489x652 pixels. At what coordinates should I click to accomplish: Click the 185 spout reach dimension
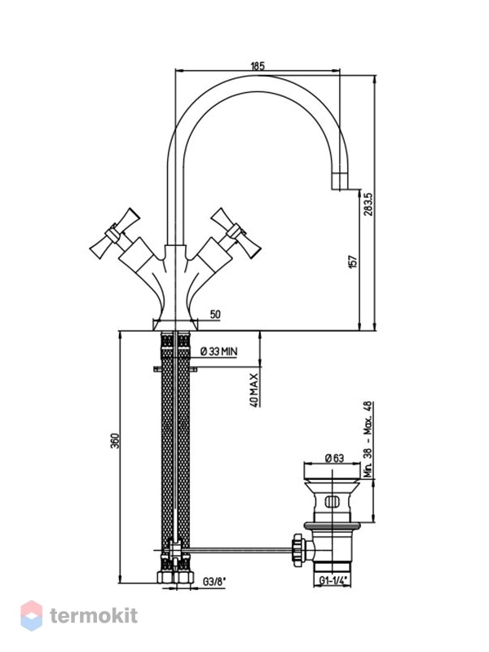258,66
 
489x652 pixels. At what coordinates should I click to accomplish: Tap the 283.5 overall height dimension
368,204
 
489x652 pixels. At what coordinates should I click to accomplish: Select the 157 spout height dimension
353,262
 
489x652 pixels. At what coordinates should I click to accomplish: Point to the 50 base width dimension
215,315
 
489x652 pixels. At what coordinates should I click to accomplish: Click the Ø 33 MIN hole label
218,351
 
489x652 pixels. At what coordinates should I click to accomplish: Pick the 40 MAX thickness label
254,390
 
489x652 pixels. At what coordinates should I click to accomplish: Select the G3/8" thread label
214,582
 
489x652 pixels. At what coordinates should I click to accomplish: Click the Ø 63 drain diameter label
334,458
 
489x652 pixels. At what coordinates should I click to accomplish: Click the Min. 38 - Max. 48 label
368,439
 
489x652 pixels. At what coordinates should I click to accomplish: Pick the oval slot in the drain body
333,502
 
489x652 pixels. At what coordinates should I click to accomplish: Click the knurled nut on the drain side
298,550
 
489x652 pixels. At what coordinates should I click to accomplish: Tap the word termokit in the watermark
94,615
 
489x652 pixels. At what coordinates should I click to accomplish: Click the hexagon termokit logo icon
32,615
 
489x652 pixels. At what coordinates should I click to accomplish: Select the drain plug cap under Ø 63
333,472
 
